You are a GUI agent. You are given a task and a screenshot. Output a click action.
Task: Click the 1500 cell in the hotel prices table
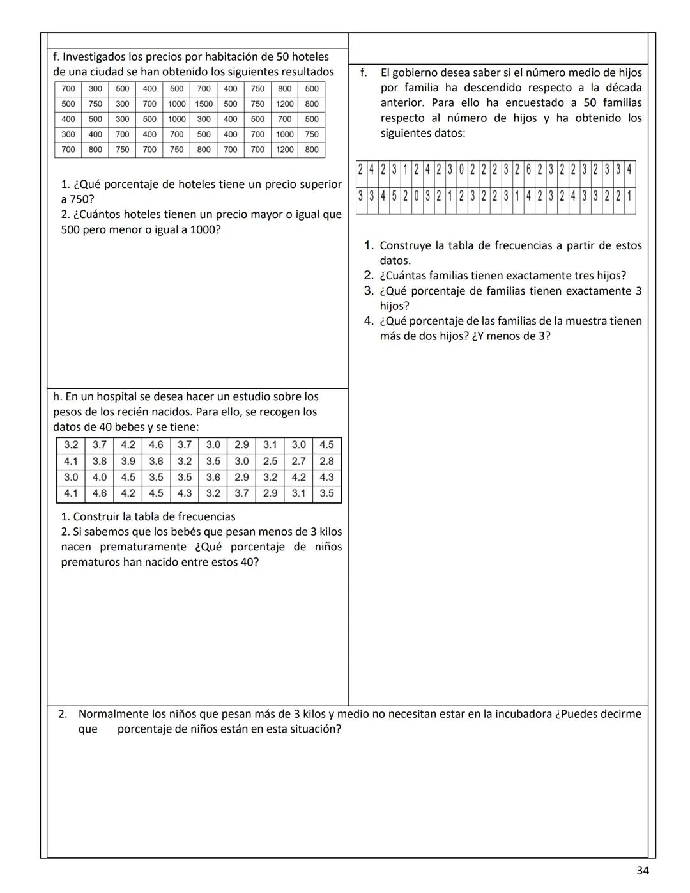[x=204, y=104]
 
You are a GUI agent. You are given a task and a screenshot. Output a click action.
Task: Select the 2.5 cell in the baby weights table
[x=270, y=461]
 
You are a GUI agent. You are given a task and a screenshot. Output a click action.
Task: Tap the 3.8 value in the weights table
[x=100, y=461]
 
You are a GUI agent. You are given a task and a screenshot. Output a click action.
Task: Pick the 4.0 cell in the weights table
[x=100, y=477]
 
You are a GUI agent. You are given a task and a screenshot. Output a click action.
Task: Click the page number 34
[x=643, y=870]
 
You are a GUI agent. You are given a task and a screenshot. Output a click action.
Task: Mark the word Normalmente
[x=114, y=714]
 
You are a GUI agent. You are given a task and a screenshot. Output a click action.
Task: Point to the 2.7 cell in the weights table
[x=298, y=461]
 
